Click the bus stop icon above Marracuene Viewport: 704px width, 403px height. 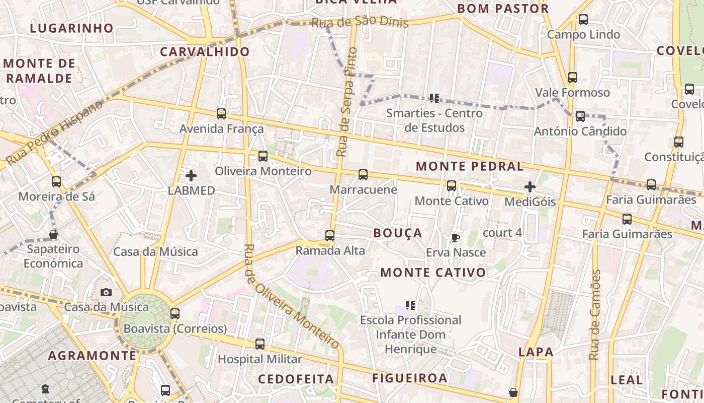(363, 175)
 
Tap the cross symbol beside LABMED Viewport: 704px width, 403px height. (191, 176)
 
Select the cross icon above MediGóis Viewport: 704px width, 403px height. (530, 187)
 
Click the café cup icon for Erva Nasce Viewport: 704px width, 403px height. (456, 238)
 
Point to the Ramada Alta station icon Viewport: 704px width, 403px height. (330, 235)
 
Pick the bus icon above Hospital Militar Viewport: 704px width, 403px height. (260, 344)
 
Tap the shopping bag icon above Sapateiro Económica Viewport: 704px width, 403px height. (53, 234)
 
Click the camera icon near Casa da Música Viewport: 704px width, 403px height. (106, 292)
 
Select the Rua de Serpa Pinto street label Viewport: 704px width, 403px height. (346, 102)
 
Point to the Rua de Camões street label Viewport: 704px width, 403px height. (595, 315)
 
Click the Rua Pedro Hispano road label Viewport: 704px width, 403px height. (54, 132)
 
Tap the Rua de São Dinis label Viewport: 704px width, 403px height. (360, 23)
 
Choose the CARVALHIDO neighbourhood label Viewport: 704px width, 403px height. (205, 51)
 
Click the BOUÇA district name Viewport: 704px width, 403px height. (398, 233)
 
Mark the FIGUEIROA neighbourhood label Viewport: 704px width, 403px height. (410, 378)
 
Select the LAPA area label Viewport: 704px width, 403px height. (536, 352)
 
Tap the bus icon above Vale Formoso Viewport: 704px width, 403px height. (573, 78)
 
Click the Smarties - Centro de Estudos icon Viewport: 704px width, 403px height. (434, 98)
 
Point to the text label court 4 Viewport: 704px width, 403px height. (502, 233)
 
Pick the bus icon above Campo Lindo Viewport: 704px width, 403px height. (583, 20)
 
